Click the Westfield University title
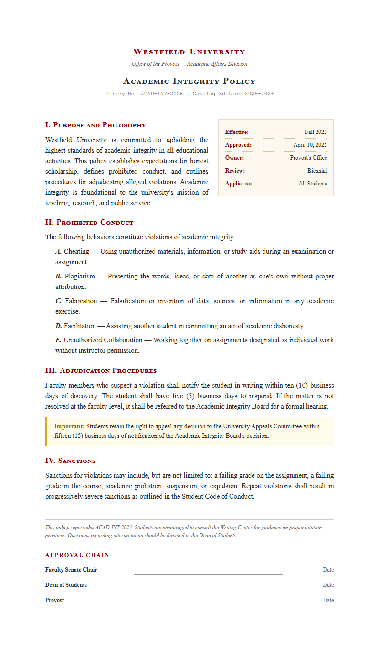(189, 51)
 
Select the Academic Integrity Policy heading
(189, 81)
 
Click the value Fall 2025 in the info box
(316, 132)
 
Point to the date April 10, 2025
(310, 145)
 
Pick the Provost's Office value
(308, 158)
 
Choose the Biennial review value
(317, 171)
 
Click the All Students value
(313, 184)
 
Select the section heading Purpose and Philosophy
(95, 125)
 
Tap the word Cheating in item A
(76, 251)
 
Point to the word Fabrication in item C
(81, 301)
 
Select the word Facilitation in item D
(80, 326)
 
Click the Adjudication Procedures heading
(101, 370)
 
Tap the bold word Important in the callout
(69, 426)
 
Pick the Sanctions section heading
(70, 461)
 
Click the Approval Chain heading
(77, 555)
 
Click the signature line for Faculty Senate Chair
(208, 574)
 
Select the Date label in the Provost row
(328, 600)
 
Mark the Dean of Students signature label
(66, 585)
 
